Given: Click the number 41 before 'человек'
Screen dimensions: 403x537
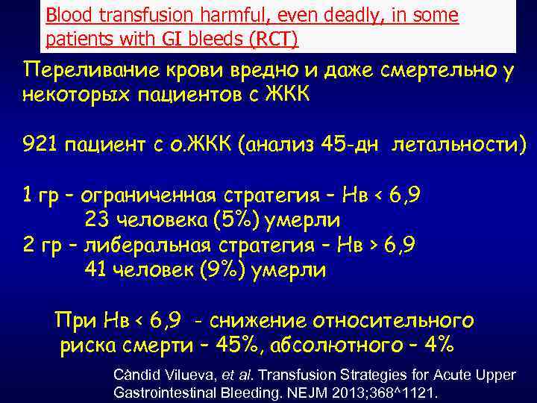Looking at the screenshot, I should [x=96, y=269].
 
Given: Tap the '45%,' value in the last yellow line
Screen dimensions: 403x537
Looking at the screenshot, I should [x=236, y=346].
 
